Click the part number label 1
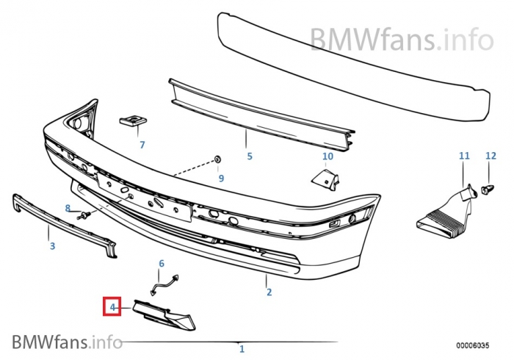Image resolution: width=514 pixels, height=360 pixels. (x=242, y=348)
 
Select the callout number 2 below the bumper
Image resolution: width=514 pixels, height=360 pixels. (x=269, y=292)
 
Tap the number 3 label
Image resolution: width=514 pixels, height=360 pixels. (x=52, y=246)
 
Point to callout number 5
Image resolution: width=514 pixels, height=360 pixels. (x=249, y=156)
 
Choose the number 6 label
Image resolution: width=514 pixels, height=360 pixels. (x=162, y=263)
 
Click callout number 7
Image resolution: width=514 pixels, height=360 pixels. (x=142, y=145)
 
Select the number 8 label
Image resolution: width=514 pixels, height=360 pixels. (x=68, y=209)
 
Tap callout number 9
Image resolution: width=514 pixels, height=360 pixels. (x=220, y=178)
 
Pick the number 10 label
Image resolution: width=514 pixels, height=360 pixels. (x=327, y=156)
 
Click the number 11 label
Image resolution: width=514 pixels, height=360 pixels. (x=463, y=156)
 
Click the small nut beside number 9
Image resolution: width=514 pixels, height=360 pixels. (x=220, y=159)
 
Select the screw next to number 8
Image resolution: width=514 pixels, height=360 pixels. (x=84, y=215)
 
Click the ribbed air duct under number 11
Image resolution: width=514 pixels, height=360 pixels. (x=444, y=217)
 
